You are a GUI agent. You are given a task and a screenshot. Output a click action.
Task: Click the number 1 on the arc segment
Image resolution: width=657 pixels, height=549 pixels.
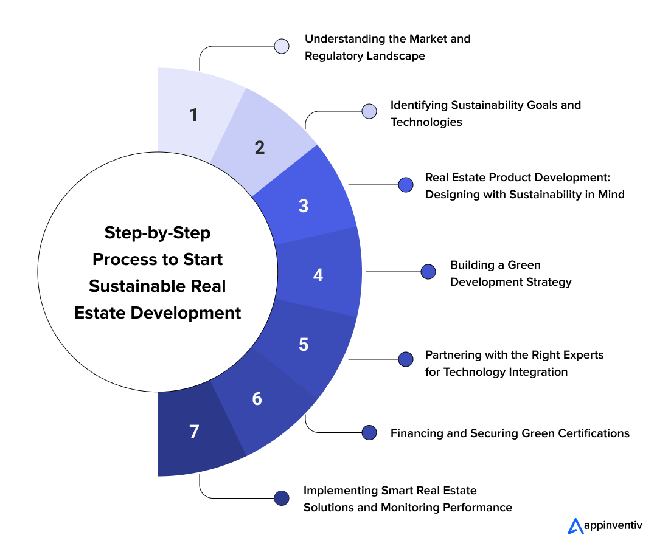click(x=193, y=114)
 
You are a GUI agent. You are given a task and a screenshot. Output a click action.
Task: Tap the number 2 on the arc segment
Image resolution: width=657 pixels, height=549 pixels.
click(x=260, y=147)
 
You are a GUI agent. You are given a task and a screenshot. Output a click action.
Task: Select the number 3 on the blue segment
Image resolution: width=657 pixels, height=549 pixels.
click(x=304, y=205)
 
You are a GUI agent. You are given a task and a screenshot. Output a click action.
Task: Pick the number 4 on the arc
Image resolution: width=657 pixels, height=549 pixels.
click(x=318, y=275)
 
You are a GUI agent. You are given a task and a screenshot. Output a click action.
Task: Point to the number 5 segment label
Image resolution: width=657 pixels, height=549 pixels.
click(x=304, y=344)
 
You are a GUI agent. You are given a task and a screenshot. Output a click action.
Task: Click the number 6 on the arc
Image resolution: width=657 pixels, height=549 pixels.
click(x=257, y=399)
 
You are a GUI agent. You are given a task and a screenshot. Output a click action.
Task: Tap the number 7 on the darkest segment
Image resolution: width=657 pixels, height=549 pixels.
click(x=194, y=432)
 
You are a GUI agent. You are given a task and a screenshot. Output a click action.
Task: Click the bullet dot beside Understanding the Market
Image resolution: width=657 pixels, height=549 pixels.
click(x=282, y=46)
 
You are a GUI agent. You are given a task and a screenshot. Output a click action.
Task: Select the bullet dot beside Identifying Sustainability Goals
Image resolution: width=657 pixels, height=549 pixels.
click(x=369, y=111)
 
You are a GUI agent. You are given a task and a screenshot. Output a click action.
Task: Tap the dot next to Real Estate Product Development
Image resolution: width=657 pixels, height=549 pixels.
click(x=405, y=185)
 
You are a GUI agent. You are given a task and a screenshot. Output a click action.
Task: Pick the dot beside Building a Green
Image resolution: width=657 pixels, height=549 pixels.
click(x=428, y=272)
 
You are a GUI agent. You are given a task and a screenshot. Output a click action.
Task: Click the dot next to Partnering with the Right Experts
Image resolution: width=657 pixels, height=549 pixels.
click(x=405, y=359)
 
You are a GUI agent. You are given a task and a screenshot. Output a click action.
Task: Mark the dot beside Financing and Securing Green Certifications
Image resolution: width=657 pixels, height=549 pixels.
click(x=369, y=432)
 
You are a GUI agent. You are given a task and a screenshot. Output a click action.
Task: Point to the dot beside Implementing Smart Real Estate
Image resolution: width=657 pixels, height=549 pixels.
click(x=282, y=498)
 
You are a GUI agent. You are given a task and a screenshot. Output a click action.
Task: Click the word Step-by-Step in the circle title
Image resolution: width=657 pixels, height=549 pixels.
click(x=158, y=233)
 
